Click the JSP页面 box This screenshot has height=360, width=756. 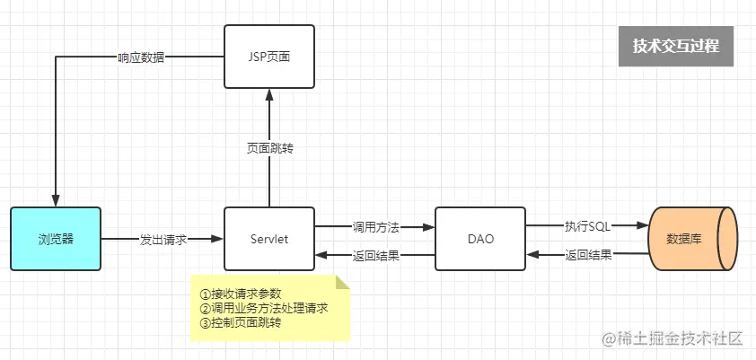tap(268, 57)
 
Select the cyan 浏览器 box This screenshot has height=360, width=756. tap(56, 240)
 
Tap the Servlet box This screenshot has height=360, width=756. tap(268, 240)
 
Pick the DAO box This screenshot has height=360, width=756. tap(480, 240)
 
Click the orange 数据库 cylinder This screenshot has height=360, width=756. tap(691, 240)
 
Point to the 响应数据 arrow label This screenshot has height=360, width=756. tap(141, 57)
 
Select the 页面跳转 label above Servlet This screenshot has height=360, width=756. tap(269, 148)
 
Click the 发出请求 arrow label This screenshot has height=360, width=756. tap(163, 240)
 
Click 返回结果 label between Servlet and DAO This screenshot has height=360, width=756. tap(375, 255)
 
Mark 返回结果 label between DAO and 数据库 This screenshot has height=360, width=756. tap(588, 255)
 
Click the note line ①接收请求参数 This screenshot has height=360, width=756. tap(240, 294)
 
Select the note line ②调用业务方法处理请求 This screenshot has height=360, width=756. tap(263, 308)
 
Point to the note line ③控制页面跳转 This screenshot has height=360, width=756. tap(240, 322)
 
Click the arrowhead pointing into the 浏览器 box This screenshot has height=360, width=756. tap(56, 202)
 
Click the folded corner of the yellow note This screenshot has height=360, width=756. tap(341, 282)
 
